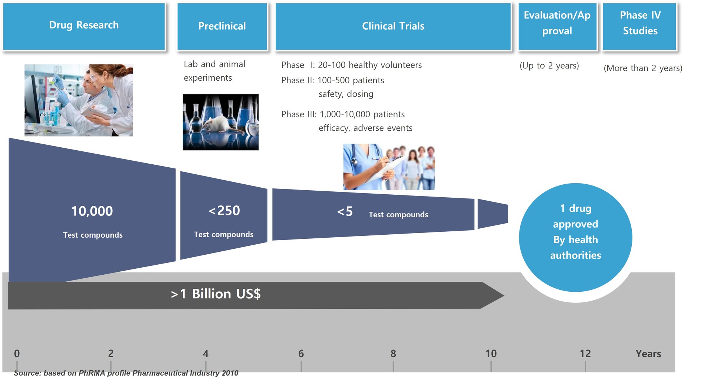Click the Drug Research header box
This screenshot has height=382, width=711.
84,26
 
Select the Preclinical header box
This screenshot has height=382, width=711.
222,26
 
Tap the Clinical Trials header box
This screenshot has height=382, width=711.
393,26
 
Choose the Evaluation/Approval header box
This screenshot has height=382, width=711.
557,26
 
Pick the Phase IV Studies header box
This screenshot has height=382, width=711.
640,26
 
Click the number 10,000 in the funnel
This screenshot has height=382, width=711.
92,211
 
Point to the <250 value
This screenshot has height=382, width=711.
224,211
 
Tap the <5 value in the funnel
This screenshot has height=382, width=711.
345,212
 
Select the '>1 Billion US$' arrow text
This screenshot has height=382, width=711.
216,294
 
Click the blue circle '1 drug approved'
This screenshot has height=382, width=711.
575,237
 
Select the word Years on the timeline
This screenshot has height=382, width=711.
648,354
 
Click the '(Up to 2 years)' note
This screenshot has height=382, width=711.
549,66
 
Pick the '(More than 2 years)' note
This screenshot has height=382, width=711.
643,68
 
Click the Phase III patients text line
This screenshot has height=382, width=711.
343,114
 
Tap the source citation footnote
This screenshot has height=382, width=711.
126,373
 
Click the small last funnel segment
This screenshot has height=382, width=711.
493,214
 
